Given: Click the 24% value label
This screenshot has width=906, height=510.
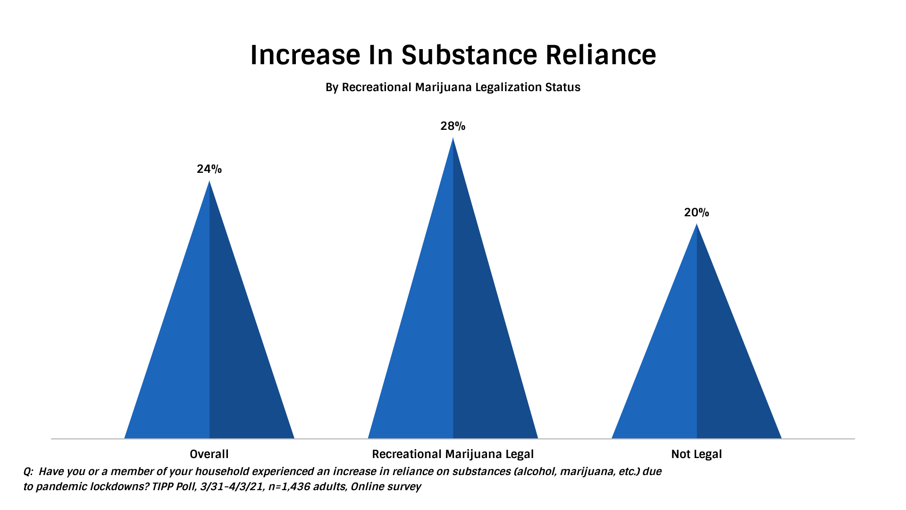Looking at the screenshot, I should coord(209,169).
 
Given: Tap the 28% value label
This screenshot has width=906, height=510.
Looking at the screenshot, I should coord(453,126).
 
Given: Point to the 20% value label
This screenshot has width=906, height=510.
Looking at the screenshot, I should coord(696,212).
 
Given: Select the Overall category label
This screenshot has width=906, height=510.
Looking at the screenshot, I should coord(209,454).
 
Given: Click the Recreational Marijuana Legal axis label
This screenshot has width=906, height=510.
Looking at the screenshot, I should coord(453,454).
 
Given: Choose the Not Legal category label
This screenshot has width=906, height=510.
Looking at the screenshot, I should coord(696,454).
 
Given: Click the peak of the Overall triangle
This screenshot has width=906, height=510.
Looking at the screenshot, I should coord(210,182).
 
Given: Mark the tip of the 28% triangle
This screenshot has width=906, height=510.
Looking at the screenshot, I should coord(453,139).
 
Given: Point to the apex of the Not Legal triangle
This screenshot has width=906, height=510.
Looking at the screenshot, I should coord(697,225).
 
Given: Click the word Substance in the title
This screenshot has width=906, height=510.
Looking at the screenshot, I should coord(469,55).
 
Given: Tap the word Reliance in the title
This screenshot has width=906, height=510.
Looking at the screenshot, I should coord(601,55).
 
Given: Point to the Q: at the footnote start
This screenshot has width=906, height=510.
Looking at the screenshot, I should coord(28,471).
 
